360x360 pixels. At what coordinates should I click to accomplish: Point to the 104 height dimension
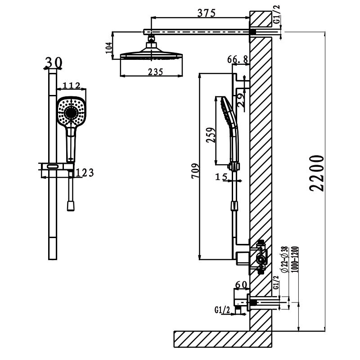[x=108, y=47]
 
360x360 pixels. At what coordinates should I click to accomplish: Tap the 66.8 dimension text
[x=238, y=59]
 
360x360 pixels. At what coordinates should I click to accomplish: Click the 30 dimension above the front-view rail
[x=54, y=63]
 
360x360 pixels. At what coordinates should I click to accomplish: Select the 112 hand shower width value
[x=71, y=85]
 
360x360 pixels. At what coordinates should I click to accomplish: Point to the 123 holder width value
[x=85, y=172]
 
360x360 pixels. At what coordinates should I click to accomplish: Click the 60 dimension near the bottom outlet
[x=242, y=284]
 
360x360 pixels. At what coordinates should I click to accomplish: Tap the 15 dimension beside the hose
[x=221, y=177]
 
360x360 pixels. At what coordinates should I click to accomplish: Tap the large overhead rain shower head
[x=152, y=55]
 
